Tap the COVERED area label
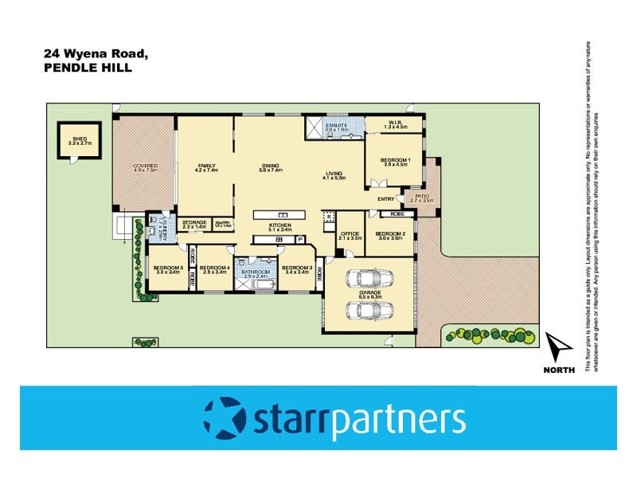pyautogui.click(x=146, y=166)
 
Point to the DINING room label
pyautogui.click(x=271, y=166)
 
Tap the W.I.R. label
pyautogui.click(x=396, y=123)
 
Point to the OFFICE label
pyautogui.click(x=350, y=233)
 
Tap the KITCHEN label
pyautogui.click(x=280, y=225)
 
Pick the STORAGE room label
pyautogui.click(x=194, y=222)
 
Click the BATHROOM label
pyautogui.click(x=256, y=272)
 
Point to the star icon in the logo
pyautogui.click(x=225, y=417)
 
